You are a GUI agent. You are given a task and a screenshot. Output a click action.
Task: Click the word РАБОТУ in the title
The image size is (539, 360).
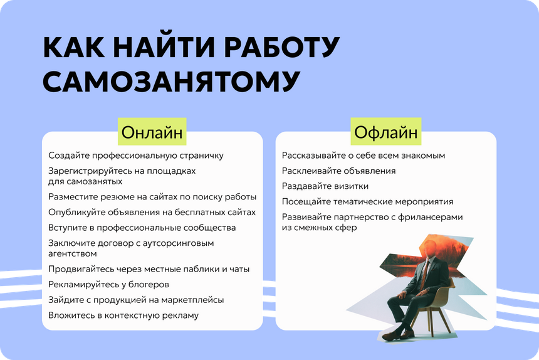pyautogui.click(x=282, y=48)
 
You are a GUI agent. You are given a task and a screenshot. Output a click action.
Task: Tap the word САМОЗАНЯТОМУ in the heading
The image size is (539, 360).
pyautogui.click(x=172, y=82)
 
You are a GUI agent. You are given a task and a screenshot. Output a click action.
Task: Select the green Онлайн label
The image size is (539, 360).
pyautogui.click(x=152, y=132)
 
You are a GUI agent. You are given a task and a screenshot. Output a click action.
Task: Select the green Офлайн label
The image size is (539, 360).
pyautogui.click(x=385, y=132)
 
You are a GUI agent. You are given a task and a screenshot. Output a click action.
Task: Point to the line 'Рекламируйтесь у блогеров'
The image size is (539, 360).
pyautogui.click(x=108, y=285)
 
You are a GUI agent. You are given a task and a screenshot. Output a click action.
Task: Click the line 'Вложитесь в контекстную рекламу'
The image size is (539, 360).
pyautogui.click(x=123, y=315)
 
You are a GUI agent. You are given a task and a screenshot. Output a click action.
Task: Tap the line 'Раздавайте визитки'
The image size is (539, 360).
pyautogui.click(x=325, y=186)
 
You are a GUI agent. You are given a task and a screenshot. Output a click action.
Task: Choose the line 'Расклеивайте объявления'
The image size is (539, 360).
pyautogui.click(x=338, y=171)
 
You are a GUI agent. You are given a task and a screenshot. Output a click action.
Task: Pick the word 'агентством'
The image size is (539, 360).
pyautogui.click(x=73, y=254)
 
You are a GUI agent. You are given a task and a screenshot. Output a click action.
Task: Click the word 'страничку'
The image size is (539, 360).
pyautogui.click(x=201, y=156)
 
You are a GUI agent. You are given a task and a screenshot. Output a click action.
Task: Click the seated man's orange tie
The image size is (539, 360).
pyautogui.click(x=425, y=275)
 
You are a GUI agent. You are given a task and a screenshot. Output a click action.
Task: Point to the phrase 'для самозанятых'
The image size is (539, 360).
pyautogui.click(x=85, y=181)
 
